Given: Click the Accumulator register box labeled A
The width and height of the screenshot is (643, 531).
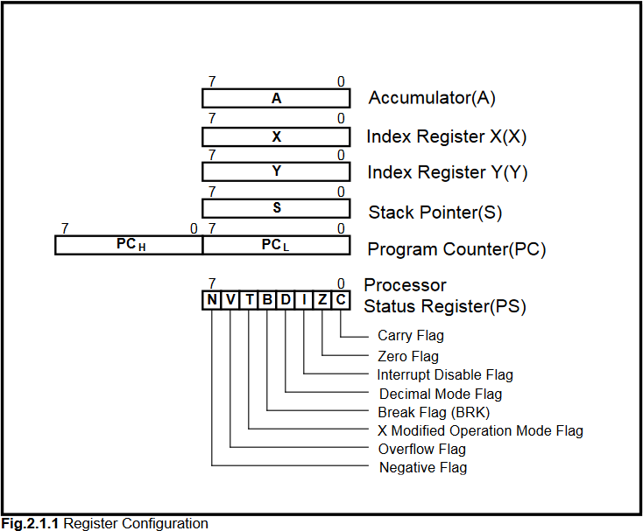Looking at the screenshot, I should tap(276, 99).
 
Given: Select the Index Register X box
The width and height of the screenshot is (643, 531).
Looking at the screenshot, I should tap(276, 137).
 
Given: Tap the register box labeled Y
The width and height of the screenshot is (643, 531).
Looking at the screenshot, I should tap(276, 171).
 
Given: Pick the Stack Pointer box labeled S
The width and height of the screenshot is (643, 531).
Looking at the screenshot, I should tap(276, 208).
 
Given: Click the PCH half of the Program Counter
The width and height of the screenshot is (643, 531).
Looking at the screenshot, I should tap(129, 245).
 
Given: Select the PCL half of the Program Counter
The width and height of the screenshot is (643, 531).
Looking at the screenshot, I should tap(276, 245).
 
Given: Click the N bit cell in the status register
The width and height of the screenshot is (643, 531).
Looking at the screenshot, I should tap(212, 300).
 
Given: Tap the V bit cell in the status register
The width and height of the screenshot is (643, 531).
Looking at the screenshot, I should tap(230, 300).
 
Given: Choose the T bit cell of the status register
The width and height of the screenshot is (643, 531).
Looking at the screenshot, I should tap(249, 300).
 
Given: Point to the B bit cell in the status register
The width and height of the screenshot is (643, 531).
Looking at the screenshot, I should tap(267, 300).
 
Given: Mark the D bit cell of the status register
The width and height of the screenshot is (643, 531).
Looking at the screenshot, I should tap(286, 300).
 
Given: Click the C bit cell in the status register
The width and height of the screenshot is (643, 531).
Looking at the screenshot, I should tap(341, 300).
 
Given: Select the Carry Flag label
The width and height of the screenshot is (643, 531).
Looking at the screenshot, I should tap(411, 335).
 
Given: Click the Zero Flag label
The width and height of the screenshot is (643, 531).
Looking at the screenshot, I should tap(408, 356).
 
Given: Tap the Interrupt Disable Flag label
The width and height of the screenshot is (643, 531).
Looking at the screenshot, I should tap(445, 374).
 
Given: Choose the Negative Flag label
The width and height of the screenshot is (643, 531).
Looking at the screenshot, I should tap(423, 467).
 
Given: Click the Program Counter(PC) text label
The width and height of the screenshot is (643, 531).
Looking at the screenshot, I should tap(456, 249).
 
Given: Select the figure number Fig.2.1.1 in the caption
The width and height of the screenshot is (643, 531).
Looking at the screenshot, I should tap(31, 523).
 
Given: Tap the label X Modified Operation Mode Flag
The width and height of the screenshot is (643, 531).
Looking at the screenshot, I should tap(480, 430).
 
